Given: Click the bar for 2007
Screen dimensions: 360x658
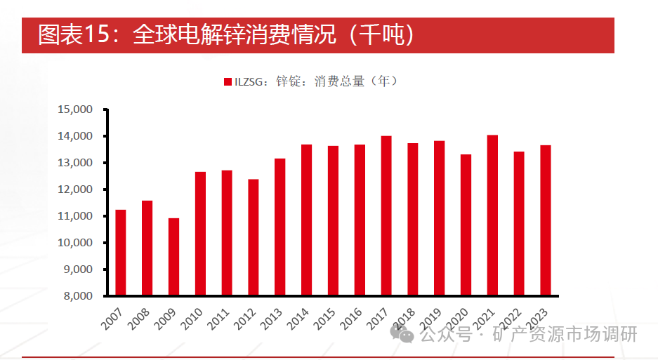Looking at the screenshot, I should pyautogui.click(x=121, y=253).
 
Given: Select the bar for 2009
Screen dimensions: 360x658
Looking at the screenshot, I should pyautogui.click(x=173, y=257).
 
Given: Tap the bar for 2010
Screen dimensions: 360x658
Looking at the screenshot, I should pyautogui.click(x=200, y=233).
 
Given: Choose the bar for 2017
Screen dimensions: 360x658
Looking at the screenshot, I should pyautogui.click(x=386, y=215).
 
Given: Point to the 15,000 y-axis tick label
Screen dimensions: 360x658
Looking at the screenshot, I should pyautogui.click(x=74, y=109).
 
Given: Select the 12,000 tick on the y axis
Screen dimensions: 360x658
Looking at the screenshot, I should pyautogui.click(x=74, y=189).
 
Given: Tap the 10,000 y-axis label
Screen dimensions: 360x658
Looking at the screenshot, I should pyautogui.click(x=74, y=243).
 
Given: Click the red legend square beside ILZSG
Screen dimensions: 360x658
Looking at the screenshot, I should pyautogui.click(x=228, y=82).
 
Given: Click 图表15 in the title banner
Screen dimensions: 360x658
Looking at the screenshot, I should pyautogui.click(x=71, y=35).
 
